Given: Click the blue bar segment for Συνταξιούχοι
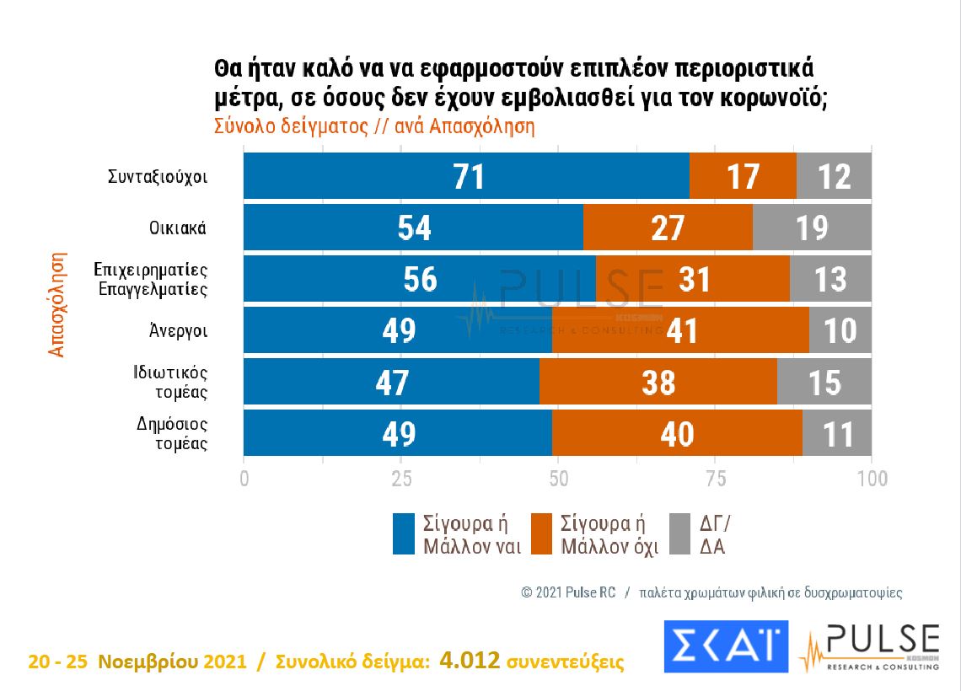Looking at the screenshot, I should coord(466,177).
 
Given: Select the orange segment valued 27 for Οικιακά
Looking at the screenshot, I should coord(668,228).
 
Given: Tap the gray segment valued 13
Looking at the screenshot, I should coord(830,279).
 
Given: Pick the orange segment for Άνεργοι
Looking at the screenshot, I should coord(680,330).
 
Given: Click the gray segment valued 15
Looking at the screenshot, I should coord(824,382).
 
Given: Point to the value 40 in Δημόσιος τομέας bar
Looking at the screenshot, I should coord(677,433).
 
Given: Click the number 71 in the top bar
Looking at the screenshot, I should coord(466,177).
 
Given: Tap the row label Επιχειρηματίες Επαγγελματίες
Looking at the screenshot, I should coord(151,279).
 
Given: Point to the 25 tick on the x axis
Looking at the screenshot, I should coord(401,479).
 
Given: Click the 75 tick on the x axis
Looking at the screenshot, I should coord(715,479).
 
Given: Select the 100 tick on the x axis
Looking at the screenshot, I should coord(872,479).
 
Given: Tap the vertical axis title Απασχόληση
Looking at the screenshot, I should coord(57,303).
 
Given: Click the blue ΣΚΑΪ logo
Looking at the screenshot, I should coord(725,647).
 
